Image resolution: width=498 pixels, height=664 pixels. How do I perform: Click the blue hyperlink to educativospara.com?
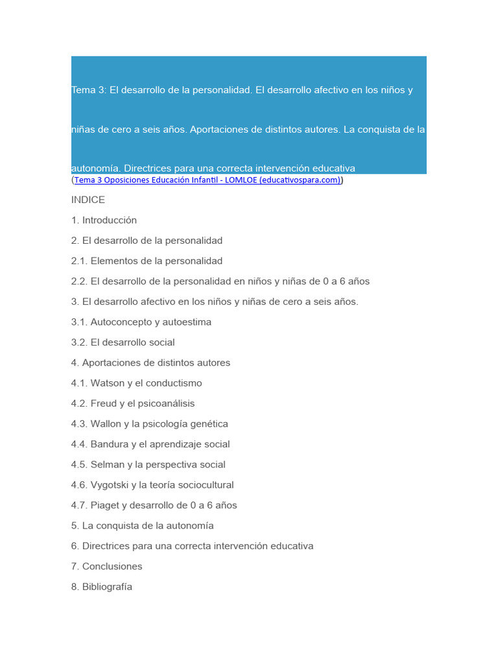point(207,180)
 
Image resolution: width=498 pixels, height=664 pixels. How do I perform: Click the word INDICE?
point(88,200)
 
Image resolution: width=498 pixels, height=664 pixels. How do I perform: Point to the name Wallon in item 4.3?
point(106,424)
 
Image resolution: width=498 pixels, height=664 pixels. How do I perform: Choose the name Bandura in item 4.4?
point(110,444)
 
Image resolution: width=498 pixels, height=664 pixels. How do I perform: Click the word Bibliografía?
point(107,587)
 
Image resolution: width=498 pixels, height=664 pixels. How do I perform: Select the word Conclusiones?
point(112,566)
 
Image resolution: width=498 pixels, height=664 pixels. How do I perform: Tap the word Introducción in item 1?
point(110,220)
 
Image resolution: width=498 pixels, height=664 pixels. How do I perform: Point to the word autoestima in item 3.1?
point(187,322)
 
